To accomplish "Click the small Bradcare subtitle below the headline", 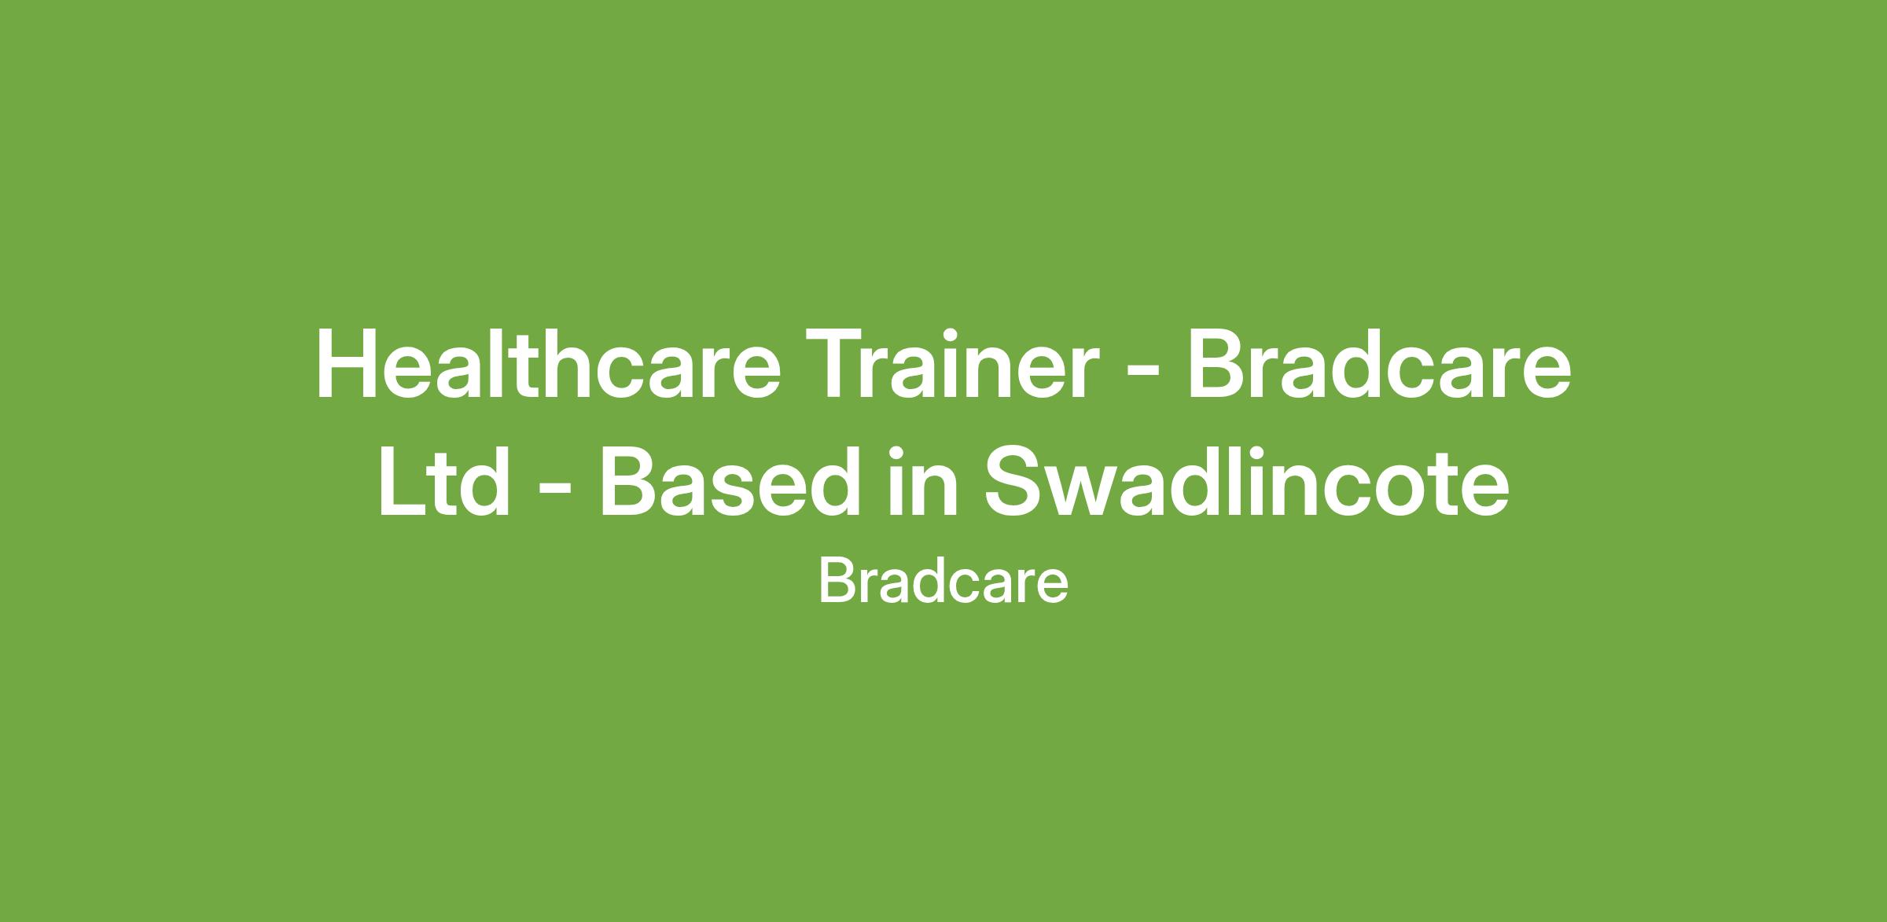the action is (x=943, y=582).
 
